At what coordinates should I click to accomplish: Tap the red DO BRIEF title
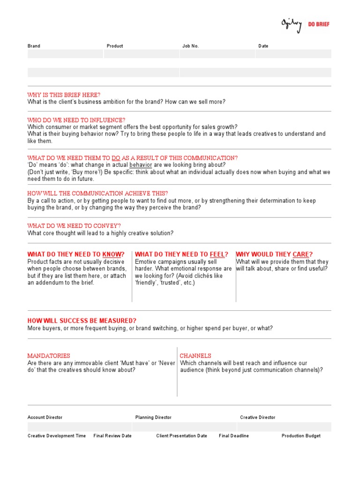(x=319, y=24)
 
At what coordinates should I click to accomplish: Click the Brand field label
(x=34, y=46)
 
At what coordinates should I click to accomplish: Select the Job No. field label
(x=190, y=46)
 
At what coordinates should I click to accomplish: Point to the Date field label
(x=263, y=46)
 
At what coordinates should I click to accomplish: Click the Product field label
(x=115, y=46)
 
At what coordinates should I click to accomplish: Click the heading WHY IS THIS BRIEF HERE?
(x=64, y=95)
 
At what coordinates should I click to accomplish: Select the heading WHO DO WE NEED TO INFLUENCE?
(x=76, y=120)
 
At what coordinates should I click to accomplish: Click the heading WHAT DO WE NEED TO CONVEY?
(x=74, y=225)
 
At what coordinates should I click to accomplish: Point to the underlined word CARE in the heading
(x=301, y=255)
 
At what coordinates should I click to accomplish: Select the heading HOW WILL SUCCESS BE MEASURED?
(x=82, y=321)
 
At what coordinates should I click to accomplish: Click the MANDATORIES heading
(x=49, y=356)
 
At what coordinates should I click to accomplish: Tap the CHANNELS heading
(x=195, y=356)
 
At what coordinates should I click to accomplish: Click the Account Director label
(x=45, y=417)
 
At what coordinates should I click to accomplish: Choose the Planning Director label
(x=153, y=417)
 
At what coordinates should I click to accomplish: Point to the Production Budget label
(x=301, y=436)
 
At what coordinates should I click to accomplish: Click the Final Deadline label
(x=234, y=436)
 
